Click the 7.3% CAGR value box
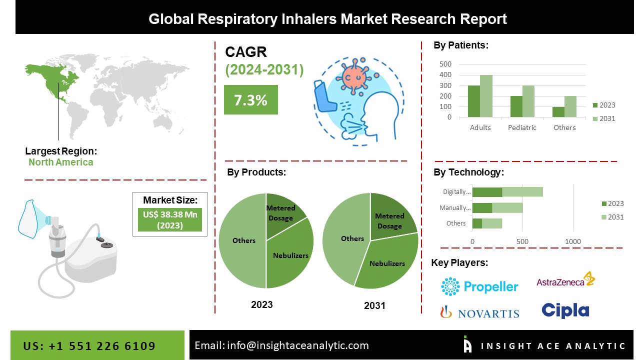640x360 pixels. (250, 100)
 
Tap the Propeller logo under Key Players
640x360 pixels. (479, 286)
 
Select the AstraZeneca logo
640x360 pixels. (565, 280)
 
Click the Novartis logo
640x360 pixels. (479, 312)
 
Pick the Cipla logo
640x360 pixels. (565, 310)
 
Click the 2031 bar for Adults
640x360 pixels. (486, 96)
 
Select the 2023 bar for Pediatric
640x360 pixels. (516, 106)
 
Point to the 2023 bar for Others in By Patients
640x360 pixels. (558, 112)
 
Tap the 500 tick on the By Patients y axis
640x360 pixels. (445, 64)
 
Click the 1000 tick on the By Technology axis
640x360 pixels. (573, 241)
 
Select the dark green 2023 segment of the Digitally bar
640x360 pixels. (487, 191)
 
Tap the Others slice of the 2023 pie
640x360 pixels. (243, 240)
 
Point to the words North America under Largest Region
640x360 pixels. (60, 162)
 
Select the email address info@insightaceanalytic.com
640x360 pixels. (297, 345)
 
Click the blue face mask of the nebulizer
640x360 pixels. (30, 218)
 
